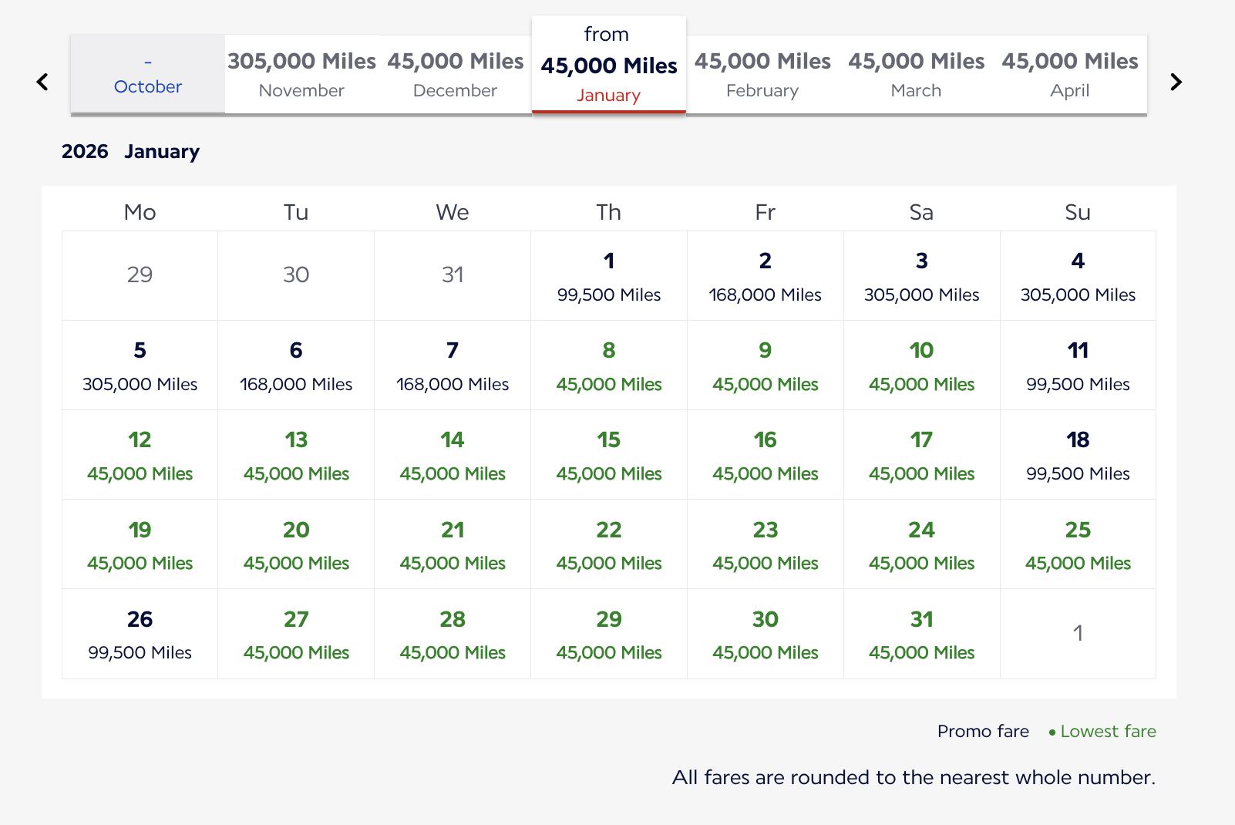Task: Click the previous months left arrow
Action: (x=42, y=82)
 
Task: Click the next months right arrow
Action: (x=1176, y=82)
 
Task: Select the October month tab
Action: (x=148, y=75)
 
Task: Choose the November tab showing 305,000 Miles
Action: (x=301, y=75)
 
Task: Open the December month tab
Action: (x=456, y=75)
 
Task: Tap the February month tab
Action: (x=762, y=75)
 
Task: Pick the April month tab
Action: (x=1069, y=75)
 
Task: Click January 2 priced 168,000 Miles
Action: (x=766, y=276)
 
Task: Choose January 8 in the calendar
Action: (x=609, y=365)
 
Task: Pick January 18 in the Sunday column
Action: (x=1078, y=455)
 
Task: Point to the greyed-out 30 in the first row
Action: (x=296, y=274)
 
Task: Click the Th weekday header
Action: (x=609, y=212)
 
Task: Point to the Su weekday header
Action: (x=1078, y=212)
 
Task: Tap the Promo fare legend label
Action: (x=983, y=731)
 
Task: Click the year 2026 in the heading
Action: (x=85, y=151)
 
